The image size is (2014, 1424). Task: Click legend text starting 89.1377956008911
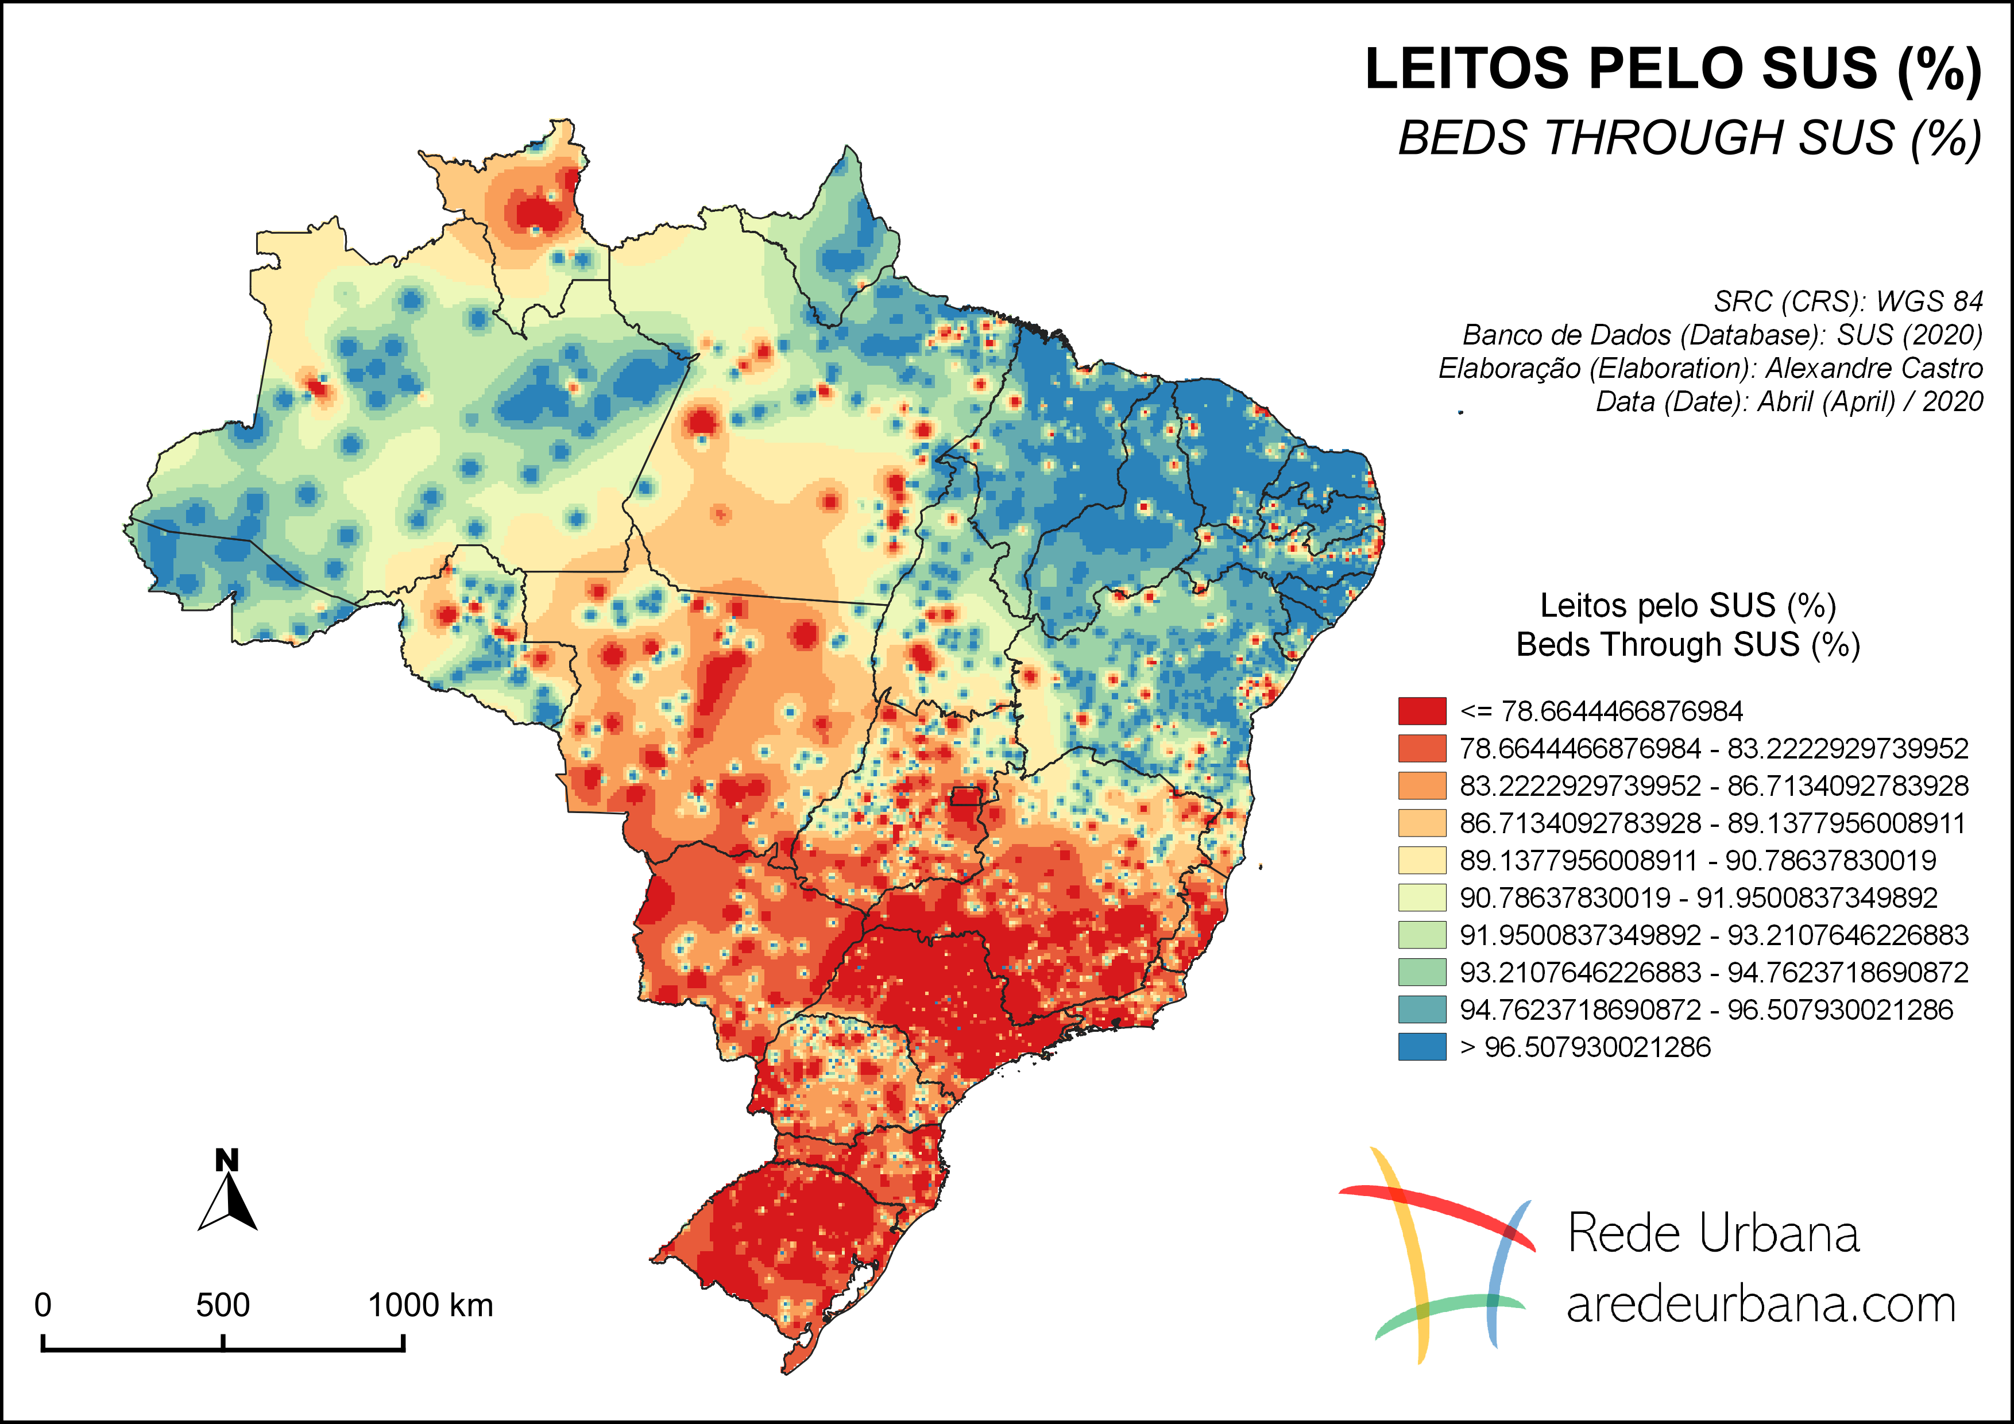pos(1698,860)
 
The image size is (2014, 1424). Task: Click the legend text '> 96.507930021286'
pos(1585,1047)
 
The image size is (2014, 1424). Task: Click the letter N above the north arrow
pos(227,1160)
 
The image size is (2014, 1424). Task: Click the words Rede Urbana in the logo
pos(1713,1234)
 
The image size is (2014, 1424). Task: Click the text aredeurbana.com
pos(1761,1305)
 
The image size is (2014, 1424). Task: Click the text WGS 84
pos(1929,301)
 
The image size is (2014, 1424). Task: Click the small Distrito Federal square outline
pos(966,796)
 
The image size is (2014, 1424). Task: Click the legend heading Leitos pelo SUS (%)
pos(1688,606)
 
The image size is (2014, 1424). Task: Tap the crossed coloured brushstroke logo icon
pos(1439,1254)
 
